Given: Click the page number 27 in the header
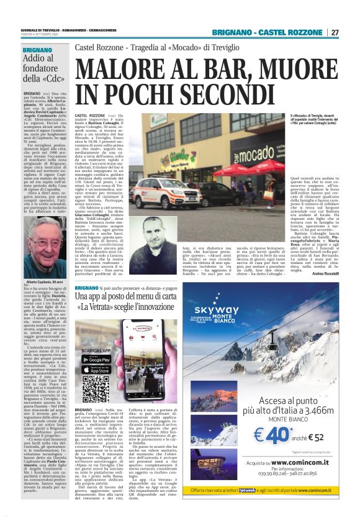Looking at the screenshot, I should [x=334, y=32].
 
